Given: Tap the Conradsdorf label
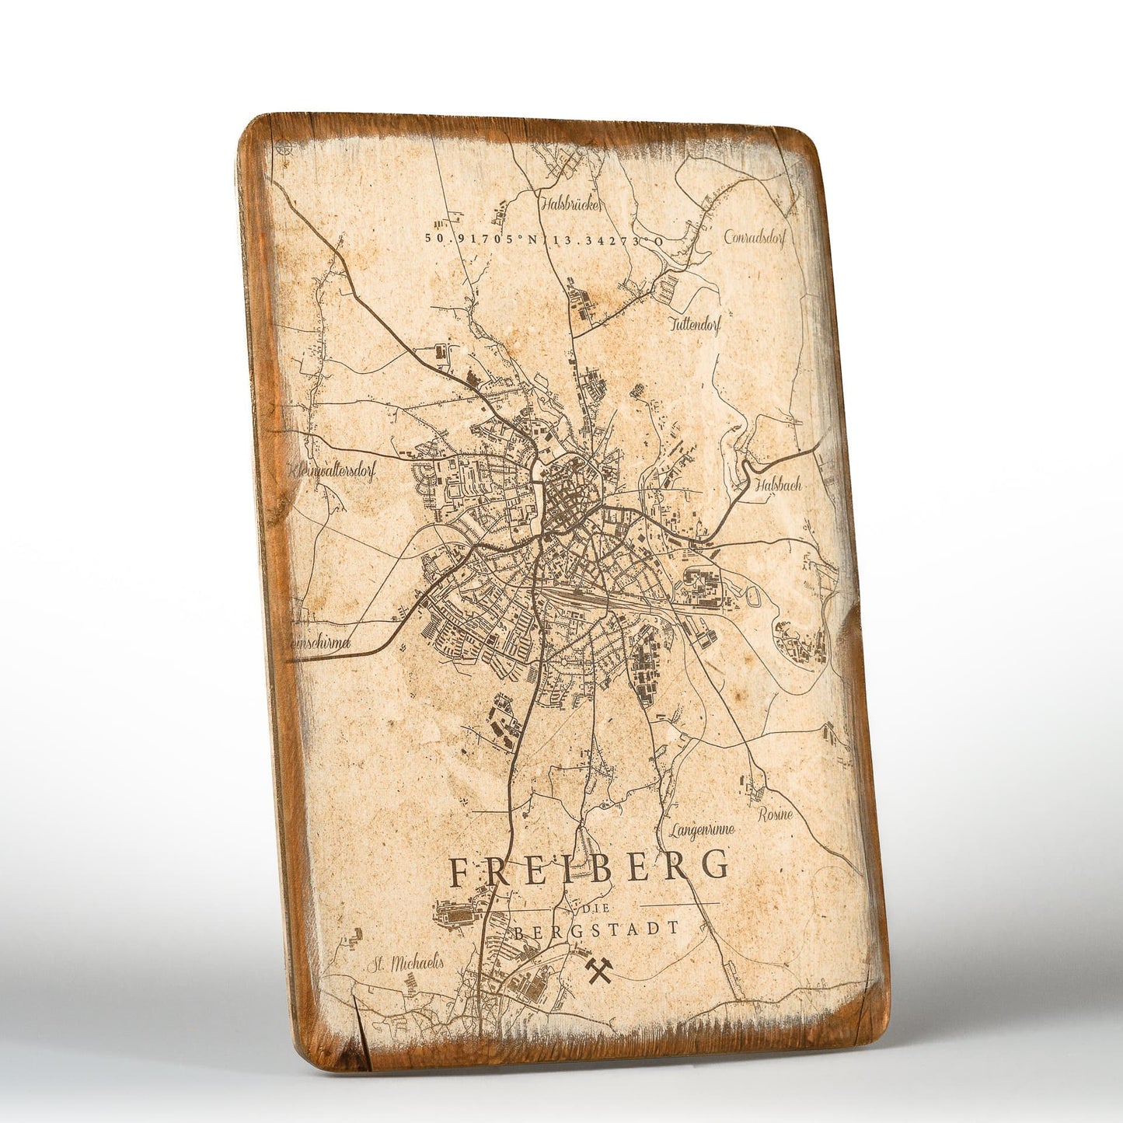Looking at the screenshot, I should click(755, 237).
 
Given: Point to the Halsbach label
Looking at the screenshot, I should click(777, 485).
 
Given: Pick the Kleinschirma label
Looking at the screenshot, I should click(320, 643).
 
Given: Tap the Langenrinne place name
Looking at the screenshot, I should click(701, 831).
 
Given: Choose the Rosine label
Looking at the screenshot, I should click(775, 814).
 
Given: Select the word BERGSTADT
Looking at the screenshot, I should click(595, 929).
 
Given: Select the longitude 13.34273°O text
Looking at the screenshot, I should click(609, 241).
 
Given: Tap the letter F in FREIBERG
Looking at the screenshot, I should click(460, 873).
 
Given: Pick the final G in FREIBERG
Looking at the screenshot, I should click(716, 864).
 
